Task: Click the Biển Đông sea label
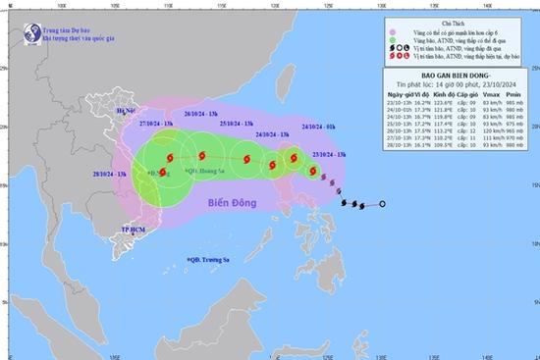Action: pyautogui.click(x=234, y=203)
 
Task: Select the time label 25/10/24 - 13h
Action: pyautogui.click(x=239, y=123)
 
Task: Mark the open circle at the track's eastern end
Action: pyautogui.click(x=382, y=204)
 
